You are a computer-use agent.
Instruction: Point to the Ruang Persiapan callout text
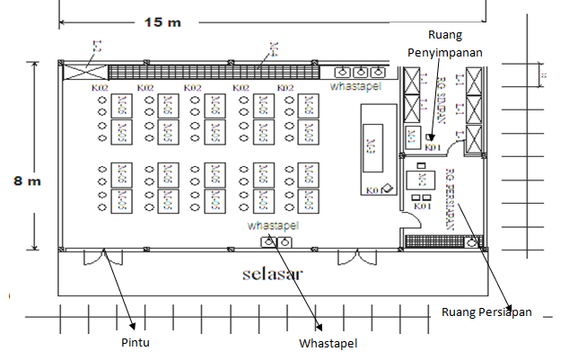[487, 312]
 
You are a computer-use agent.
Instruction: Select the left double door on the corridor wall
[101, 258]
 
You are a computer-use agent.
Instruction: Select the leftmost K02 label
[100, 88]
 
